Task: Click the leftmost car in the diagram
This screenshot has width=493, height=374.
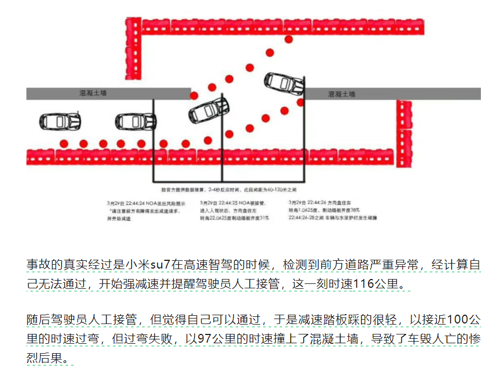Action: point(61,121)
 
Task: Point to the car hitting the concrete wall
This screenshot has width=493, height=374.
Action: point(284,82)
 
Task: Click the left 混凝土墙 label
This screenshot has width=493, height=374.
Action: point(93,93)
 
